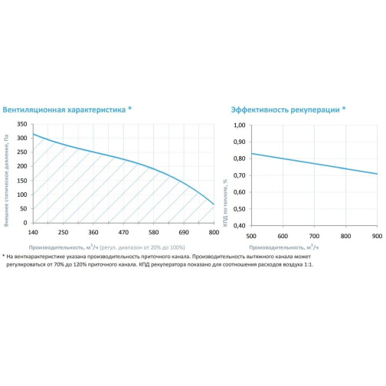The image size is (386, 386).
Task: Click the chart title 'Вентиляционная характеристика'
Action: point(64,110)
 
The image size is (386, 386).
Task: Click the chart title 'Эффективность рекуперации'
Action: point(285,110)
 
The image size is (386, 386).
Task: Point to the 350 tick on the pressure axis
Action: point(22,124)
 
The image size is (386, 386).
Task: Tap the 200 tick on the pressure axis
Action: point(22,166)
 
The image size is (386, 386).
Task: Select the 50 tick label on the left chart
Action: point(24,208)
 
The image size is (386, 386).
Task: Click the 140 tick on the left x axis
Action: point(33,232)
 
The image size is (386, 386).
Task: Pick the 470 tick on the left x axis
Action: point(123,232)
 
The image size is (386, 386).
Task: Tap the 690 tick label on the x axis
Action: point(184,232)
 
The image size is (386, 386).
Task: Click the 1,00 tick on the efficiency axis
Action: point(240,125)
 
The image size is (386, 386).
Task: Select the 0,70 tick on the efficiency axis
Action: point(240,175)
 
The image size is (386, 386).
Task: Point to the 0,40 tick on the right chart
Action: point(240,226)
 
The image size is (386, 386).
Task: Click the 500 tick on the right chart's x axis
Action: point(251,236)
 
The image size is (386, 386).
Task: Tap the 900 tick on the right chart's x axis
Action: point(377,236)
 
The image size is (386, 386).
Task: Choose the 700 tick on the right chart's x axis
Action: point(314,236)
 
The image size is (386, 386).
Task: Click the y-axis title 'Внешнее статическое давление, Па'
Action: point(6,181)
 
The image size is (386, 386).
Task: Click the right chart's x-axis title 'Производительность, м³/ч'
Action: point(284,247)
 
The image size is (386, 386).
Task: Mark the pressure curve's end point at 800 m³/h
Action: point(214,204)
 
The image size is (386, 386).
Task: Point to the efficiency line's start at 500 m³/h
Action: point(251,153)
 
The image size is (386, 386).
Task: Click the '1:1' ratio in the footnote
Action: point(309,265)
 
